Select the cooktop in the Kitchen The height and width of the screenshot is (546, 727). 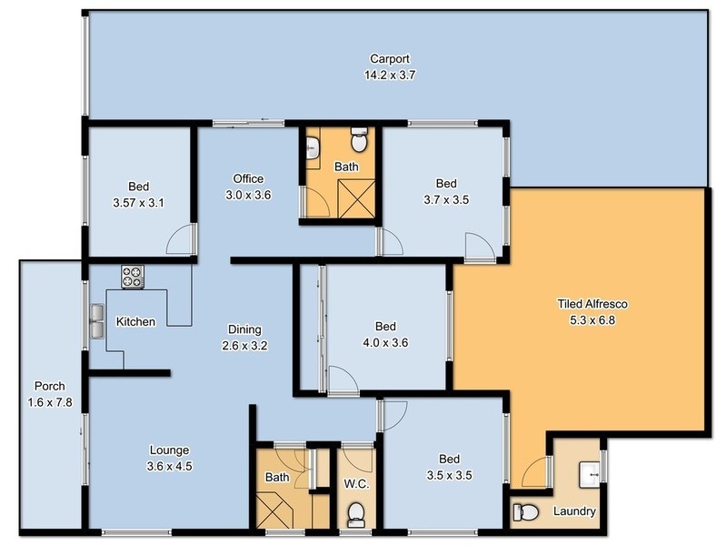[132, 276]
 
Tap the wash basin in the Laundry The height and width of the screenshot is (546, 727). [592, 472]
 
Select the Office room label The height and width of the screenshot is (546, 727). [248, 178]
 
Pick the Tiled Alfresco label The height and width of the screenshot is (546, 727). [593, 304]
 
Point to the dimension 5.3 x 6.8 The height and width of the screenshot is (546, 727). [593, 319]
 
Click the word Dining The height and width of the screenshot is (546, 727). [244, 329]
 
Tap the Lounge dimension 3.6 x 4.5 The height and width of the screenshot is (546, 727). [170, 466]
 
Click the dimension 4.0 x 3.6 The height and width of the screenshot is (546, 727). [386, 343]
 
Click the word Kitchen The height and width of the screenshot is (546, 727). [135, 322]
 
